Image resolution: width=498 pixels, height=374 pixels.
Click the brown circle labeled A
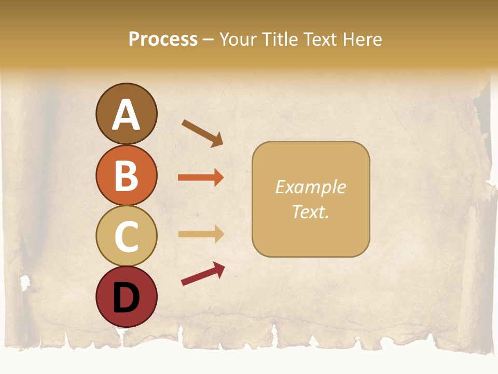pyautogui.click(x=126, y=114)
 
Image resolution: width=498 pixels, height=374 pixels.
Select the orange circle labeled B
pyautogui.click(x=126, y=175)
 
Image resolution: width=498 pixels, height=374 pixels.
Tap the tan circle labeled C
pyautogui.click(x=126, y=236)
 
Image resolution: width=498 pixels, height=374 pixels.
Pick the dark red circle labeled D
pyautogui.click(x=126, y=297)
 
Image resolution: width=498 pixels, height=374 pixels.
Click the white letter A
pyautogui.click(x=126, y=114)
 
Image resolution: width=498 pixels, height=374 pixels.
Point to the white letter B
pyautogui.click(x=126, y=176)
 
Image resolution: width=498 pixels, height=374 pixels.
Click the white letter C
pyautogui.click(x=126, y=236)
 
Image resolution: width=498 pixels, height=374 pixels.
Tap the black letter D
pyautogui.click(x=126, y=298)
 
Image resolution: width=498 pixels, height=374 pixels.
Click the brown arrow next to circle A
pyautogui.click(x=202, y=133)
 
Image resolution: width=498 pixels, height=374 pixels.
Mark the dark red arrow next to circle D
pyautogui.click(x=203, y=274)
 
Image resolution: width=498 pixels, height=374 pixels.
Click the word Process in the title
pyautogui.click(x=163, y=39)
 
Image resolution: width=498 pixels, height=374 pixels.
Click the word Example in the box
pyautogui.click(x=310, y=187)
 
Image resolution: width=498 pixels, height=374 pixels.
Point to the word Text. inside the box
pyautogui.click(x=310, y=211)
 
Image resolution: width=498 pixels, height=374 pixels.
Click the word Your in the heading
pyautogui.click(x=238, y=39)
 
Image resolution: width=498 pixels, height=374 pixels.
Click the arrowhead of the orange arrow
pyautogui.click(x=218, y=178)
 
